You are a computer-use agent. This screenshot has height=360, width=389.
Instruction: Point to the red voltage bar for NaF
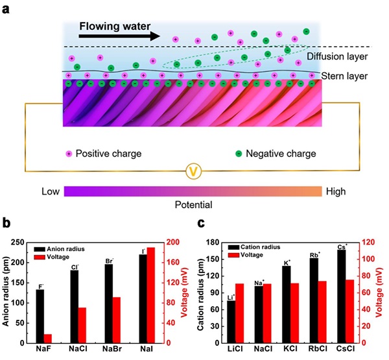pyautogui.click(x=47, y=339)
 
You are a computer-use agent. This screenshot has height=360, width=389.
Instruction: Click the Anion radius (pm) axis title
pyautogui.click(x=8, y=292)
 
